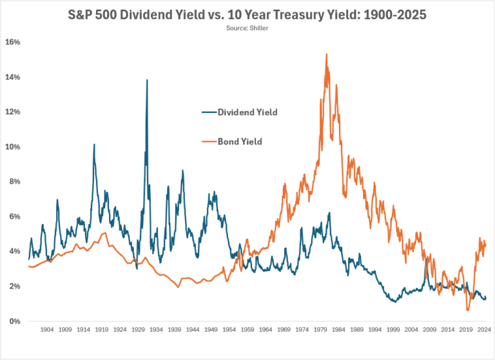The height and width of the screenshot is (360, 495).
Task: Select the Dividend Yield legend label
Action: pos(247,112)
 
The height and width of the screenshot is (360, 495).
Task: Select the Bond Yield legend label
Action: pos(239,142)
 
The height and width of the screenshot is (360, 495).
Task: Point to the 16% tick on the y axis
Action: pos(14,42)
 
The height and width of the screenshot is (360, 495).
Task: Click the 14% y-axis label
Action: pos(14,77)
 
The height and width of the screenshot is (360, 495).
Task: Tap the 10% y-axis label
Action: pos(14,147)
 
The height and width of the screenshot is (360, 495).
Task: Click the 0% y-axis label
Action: pos(15,321)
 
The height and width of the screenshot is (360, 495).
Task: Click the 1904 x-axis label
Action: pos(46,330)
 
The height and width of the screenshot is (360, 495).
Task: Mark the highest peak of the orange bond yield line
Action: pos(327,54)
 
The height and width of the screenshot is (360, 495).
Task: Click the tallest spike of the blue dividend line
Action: pos(147,80)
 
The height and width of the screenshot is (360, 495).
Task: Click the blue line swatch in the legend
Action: pos(207,112)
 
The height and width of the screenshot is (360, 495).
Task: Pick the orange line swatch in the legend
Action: pos(207,142)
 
